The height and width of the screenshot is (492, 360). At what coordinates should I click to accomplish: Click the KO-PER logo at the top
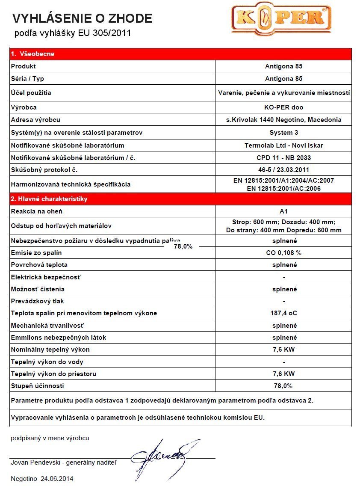point(281,19)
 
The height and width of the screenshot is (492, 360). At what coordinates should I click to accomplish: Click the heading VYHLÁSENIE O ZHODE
point(82,18)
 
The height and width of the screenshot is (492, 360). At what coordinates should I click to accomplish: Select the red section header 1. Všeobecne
point(32,54)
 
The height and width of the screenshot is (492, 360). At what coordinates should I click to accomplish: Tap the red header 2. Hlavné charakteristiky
point(49,199)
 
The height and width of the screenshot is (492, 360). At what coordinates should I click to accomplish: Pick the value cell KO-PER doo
point(283,107)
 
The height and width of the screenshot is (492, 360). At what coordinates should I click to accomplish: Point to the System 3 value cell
point(283,133)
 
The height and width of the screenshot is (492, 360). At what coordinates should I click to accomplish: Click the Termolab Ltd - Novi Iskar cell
point(283,145)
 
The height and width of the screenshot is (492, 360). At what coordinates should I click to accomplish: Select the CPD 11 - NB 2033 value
point(283,158)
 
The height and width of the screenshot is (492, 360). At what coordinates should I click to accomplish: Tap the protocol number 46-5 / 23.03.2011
point(283,170)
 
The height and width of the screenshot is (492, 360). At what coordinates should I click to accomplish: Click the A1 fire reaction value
point(283,211)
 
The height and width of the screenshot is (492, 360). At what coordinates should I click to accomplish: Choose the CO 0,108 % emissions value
point(283,253)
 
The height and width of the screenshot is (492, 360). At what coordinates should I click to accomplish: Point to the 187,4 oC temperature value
point(283,313)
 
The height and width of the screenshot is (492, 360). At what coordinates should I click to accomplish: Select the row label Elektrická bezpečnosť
point(46,277)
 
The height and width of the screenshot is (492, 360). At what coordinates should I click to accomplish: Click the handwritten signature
point(165,457)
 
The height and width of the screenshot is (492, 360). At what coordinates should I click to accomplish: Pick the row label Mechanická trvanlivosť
point(47,326)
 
